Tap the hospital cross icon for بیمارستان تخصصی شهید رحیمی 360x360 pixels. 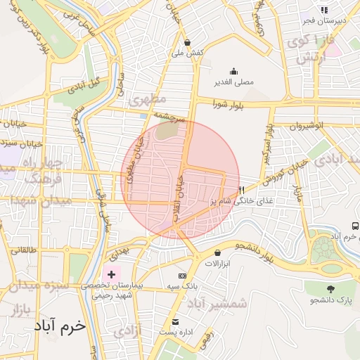(111, 272)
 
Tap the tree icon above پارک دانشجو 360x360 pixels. (329, 289)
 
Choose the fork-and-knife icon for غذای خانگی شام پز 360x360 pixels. (241, 190)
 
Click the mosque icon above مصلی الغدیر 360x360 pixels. (234, 71)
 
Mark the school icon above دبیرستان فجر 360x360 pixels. (324, 10)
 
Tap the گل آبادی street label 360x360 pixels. (84, 84)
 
